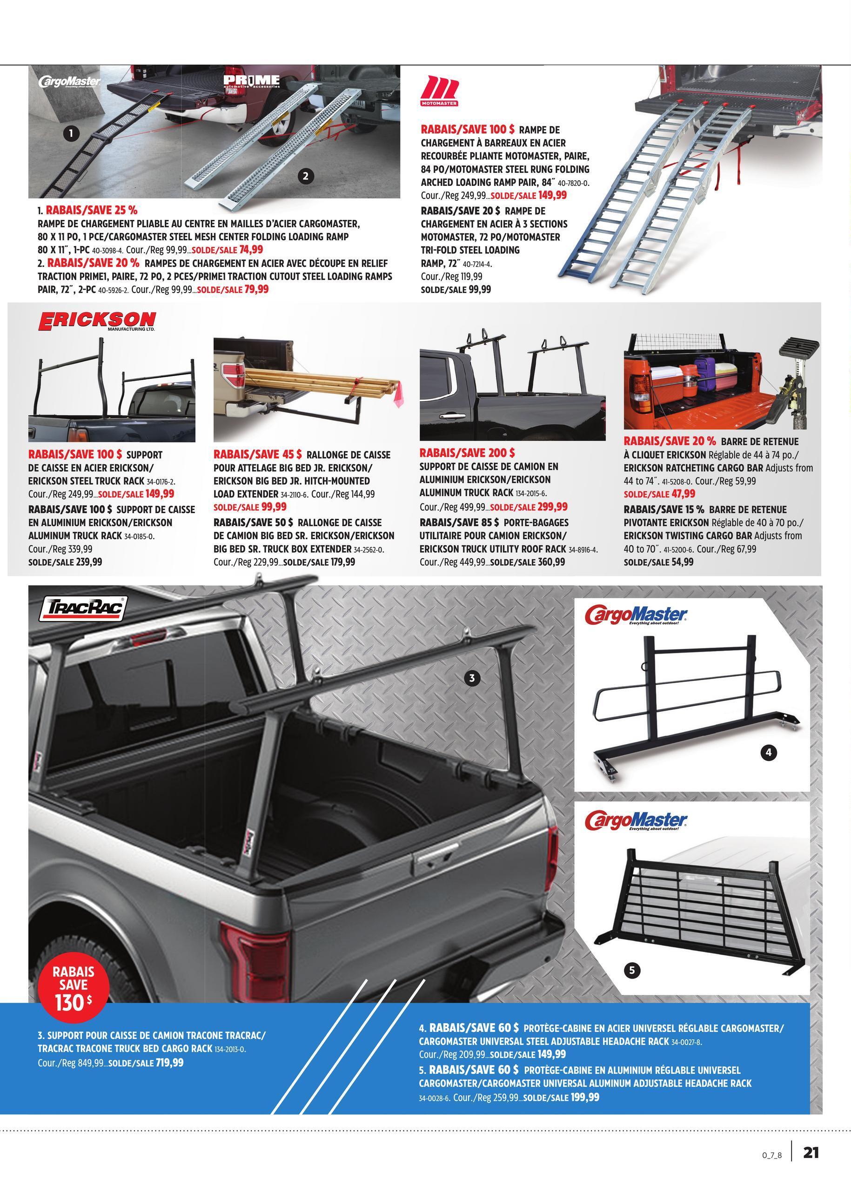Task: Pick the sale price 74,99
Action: [251, 250]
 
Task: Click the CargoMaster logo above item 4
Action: [636, 615]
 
